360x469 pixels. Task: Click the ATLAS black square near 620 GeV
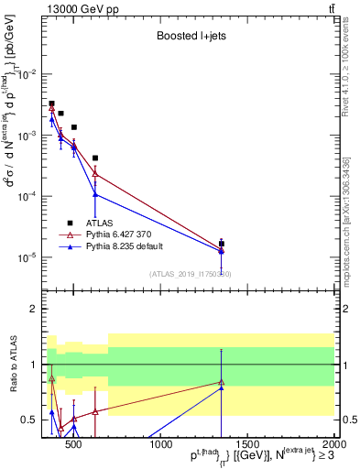pos(95,158)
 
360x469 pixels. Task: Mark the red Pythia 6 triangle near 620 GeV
pos(95,174)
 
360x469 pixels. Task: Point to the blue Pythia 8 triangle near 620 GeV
pos(95,194)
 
